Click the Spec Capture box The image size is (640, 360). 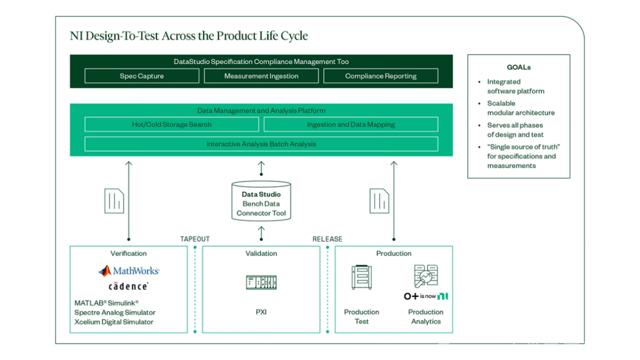142,76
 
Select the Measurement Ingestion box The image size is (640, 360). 261,76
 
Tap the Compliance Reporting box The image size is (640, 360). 381,76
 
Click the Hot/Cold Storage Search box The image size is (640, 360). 171,125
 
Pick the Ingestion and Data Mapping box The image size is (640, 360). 351,125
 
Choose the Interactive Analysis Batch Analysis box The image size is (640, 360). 261,144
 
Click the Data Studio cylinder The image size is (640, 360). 261,202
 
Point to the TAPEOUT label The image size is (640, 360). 195,239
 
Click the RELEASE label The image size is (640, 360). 327,239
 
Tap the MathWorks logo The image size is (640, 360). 129,271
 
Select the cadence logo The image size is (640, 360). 129,286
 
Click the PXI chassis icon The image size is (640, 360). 261,282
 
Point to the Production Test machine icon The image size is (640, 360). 362,277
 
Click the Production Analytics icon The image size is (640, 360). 426,276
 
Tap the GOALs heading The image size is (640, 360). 518,67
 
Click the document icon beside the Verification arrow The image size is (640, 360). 114,201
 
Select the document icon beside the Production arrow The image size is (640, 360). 379,201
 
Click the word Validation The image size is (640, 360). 261,254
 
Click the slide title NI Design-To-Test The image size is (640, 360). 189,36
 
